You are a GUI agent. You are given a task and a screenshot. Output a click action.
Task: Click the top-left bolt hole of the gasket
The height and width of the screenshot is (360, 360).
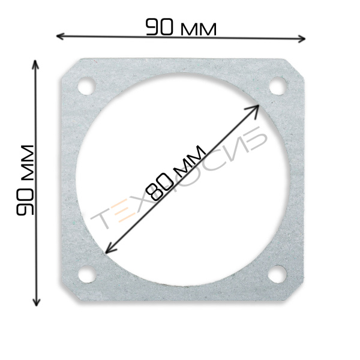(x=86, y=86)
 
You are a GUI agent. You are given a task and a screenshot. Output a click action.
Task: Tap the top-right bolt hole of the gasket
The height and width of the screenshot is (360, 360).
(x=278, y=86)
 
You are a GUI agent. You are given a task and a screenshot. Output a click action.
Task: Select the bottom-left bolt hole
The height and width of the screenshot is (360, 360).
(x=87, y=274)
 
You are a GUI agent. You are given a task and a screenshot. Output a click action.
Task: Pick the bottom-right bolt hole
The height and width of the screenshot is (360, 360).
(x=277, y=274)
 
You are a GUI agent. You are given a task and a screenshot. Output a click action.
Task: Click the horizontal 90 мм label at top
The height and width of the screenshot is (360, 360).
(x=181, y=28)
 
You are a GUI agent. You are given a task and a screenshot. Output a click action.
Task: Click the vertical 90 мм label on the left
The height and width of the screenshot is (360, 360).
(x=25, y=180)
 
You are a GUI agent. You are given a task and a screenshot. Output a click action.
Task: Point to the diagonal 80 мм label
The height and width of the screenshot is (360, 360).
(x=176, y=173)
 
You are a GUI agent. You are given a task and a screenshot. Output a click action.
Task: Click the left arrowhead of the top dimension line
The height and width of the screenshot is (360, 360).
(x=60, y=36)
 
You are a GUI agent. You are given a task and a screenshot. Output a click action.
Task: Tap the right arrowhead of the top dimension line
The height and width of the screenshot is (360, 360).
(x=301, y=38)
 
